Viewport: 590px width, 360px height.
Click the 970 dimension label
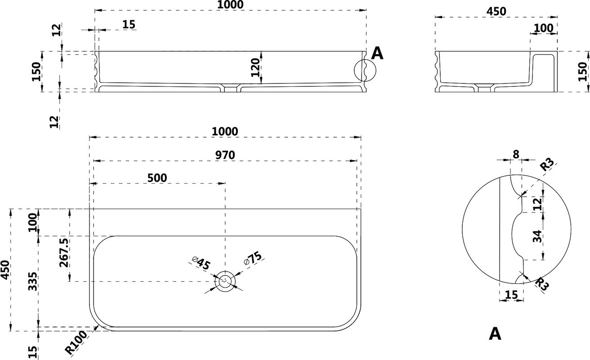click(225, 155)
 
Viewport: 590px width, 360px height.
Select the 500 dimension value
click(157, 178)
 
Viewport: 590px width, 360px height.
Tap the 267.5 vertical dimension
click(65, 253)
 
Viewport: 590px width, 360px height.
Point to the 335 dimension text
click(33, 281)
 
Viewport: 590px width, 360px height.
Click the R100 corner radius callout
click(76, 342)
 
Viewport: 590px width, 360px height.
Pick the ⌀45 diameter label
click(201, 263)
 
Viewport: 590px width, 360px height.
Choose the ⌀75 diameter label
click(253, 258)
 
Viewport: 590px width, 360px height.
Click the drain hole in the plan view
click(225, 281)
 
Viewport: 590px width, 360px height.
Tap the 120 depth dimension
click(255, 68)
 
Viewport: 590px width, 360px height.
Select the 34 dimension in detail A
click(537, 236)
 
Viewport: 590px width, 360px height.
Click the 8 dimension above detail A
click(516, 154)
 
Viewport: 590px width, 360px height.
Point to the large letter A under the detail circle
click(495, 334)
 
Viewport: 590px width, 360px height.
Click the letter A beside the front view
click(377, 54)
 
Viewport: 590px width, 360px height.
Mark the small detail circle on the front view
click(365, 70)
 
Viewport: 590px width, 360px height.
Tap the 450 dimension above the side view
click(496, 11)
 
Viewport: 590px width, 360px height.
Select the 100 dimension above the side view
click(544, 28)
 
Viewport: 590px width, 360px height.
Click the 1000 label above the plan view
click(225, 131)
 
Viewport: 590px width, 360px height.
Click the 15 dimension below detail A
click(511, 295)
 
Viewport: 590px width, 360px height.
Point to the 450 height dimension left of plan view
click(5, 270)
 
